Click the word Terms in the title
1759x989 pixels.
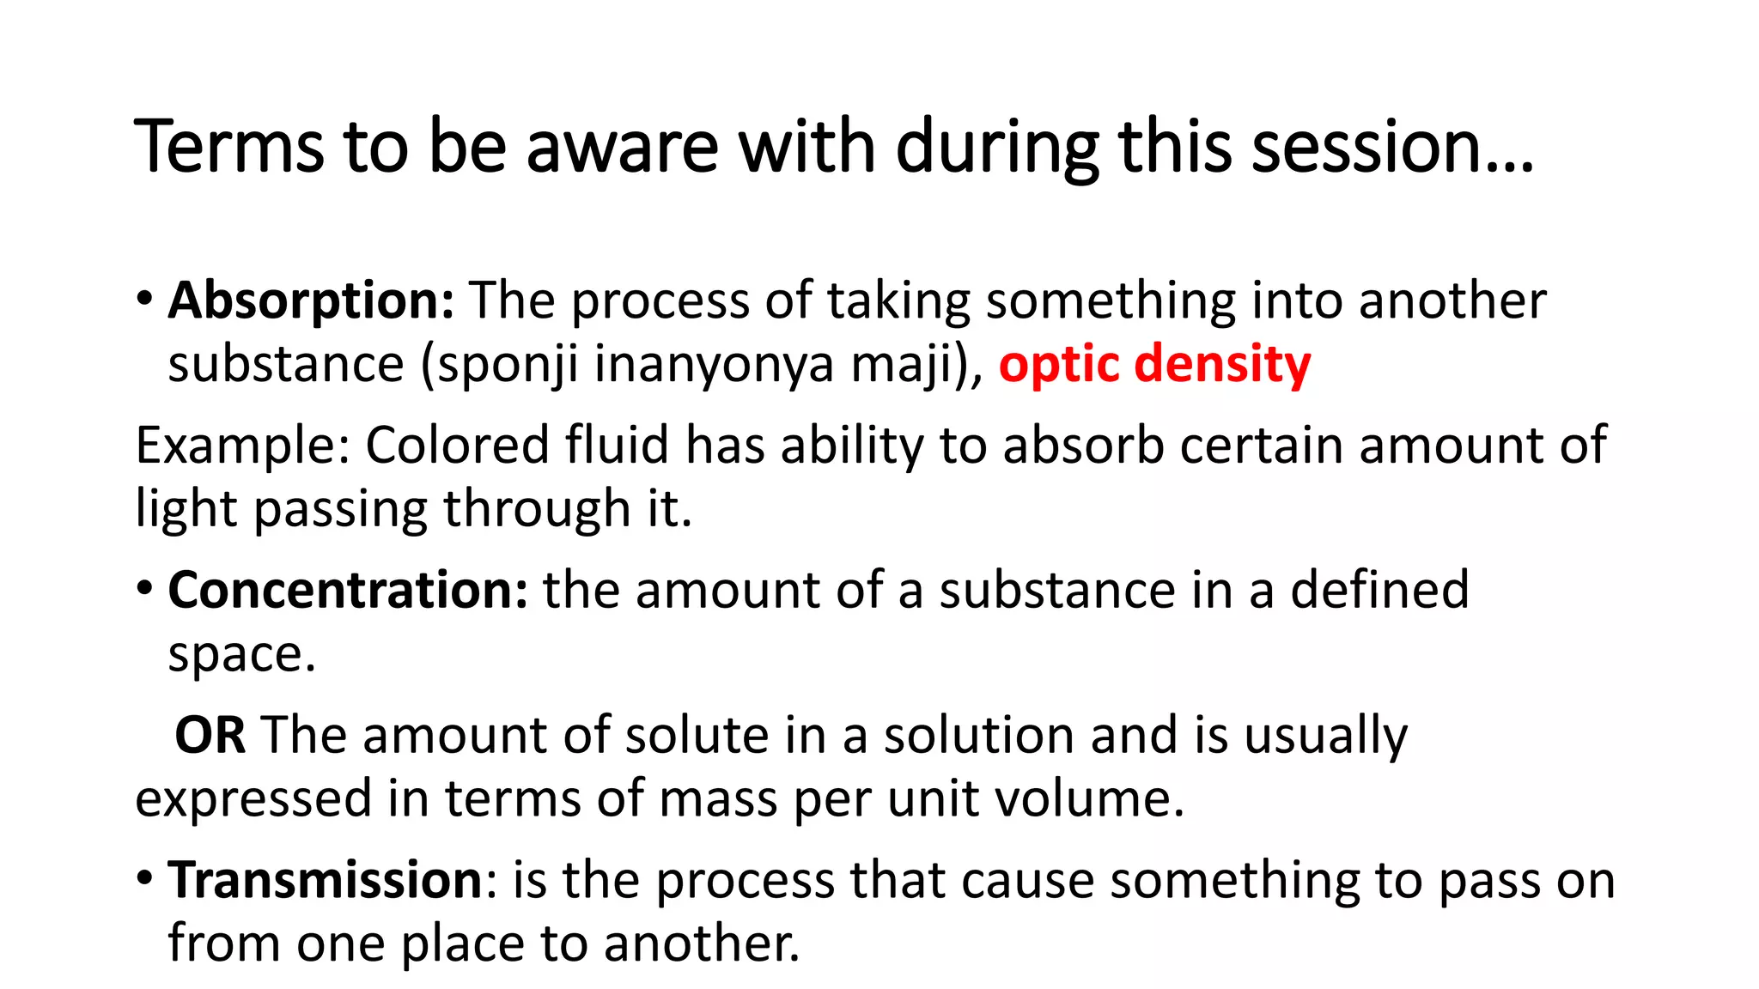pyautogui.click(x=228, y=147)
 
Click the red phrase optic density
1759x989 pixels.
pyautogui.click(x=1154, y=364)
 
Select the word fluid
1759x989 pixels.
pyautogui.click(x=617, y=446)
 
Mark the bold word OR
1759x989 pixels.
pyautogui.click(x=210, y=736)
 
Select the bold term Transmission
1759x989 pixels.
pyautogui.click(x=326, y=881)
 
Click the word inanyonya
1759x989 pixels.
pyautogui.click(x=714, y=364)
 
